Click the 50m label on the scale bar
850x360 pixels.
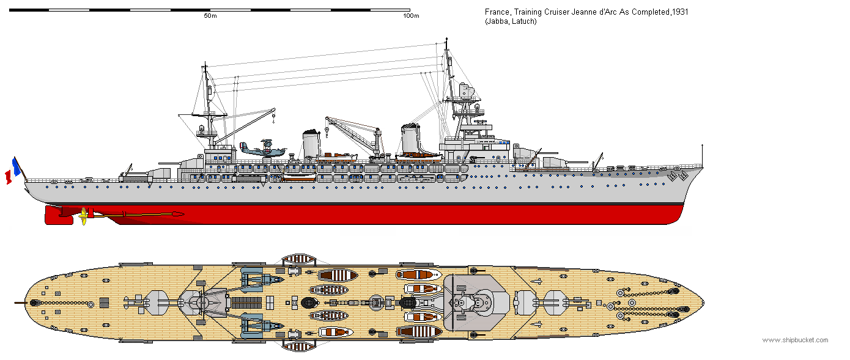210,16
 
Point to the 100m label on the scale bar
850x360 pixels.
411,16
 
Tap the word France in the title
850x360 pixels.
495,12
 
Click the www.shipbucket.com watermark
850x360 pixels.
795,340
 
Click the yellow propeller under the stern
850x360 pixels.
83,216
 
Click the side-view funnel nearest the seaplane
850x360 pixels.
311,145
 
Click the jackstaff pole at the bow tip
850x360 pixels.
702,156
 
